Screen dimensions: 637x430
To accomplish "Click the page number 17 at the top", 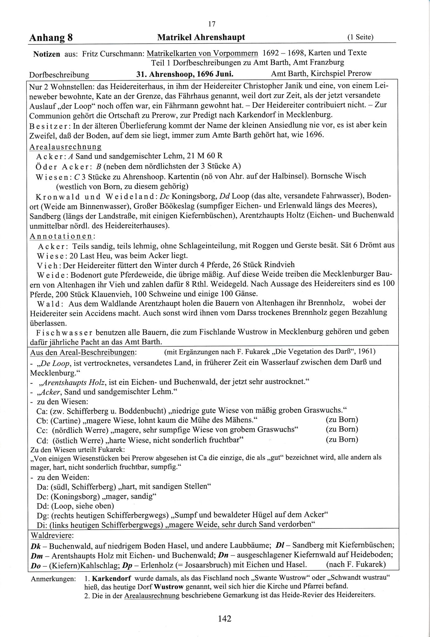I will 212,24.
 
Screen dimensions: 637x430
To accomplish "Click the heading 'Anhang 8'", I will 51,38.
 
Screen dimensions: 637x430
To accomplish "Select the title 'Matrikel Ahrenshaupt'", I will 201,37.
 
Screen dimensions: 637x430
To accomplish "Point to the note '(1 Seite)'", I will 360,37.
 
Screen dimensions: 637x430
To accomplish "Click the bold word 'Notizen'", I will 47,54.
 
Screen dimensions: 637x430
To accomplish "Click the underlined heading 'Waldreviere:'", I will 52,536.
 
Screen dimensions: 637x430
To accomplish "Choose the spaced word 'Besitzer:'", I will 50,125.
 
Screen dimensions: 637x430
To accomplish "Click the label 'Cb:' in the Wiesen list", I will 42,420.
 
